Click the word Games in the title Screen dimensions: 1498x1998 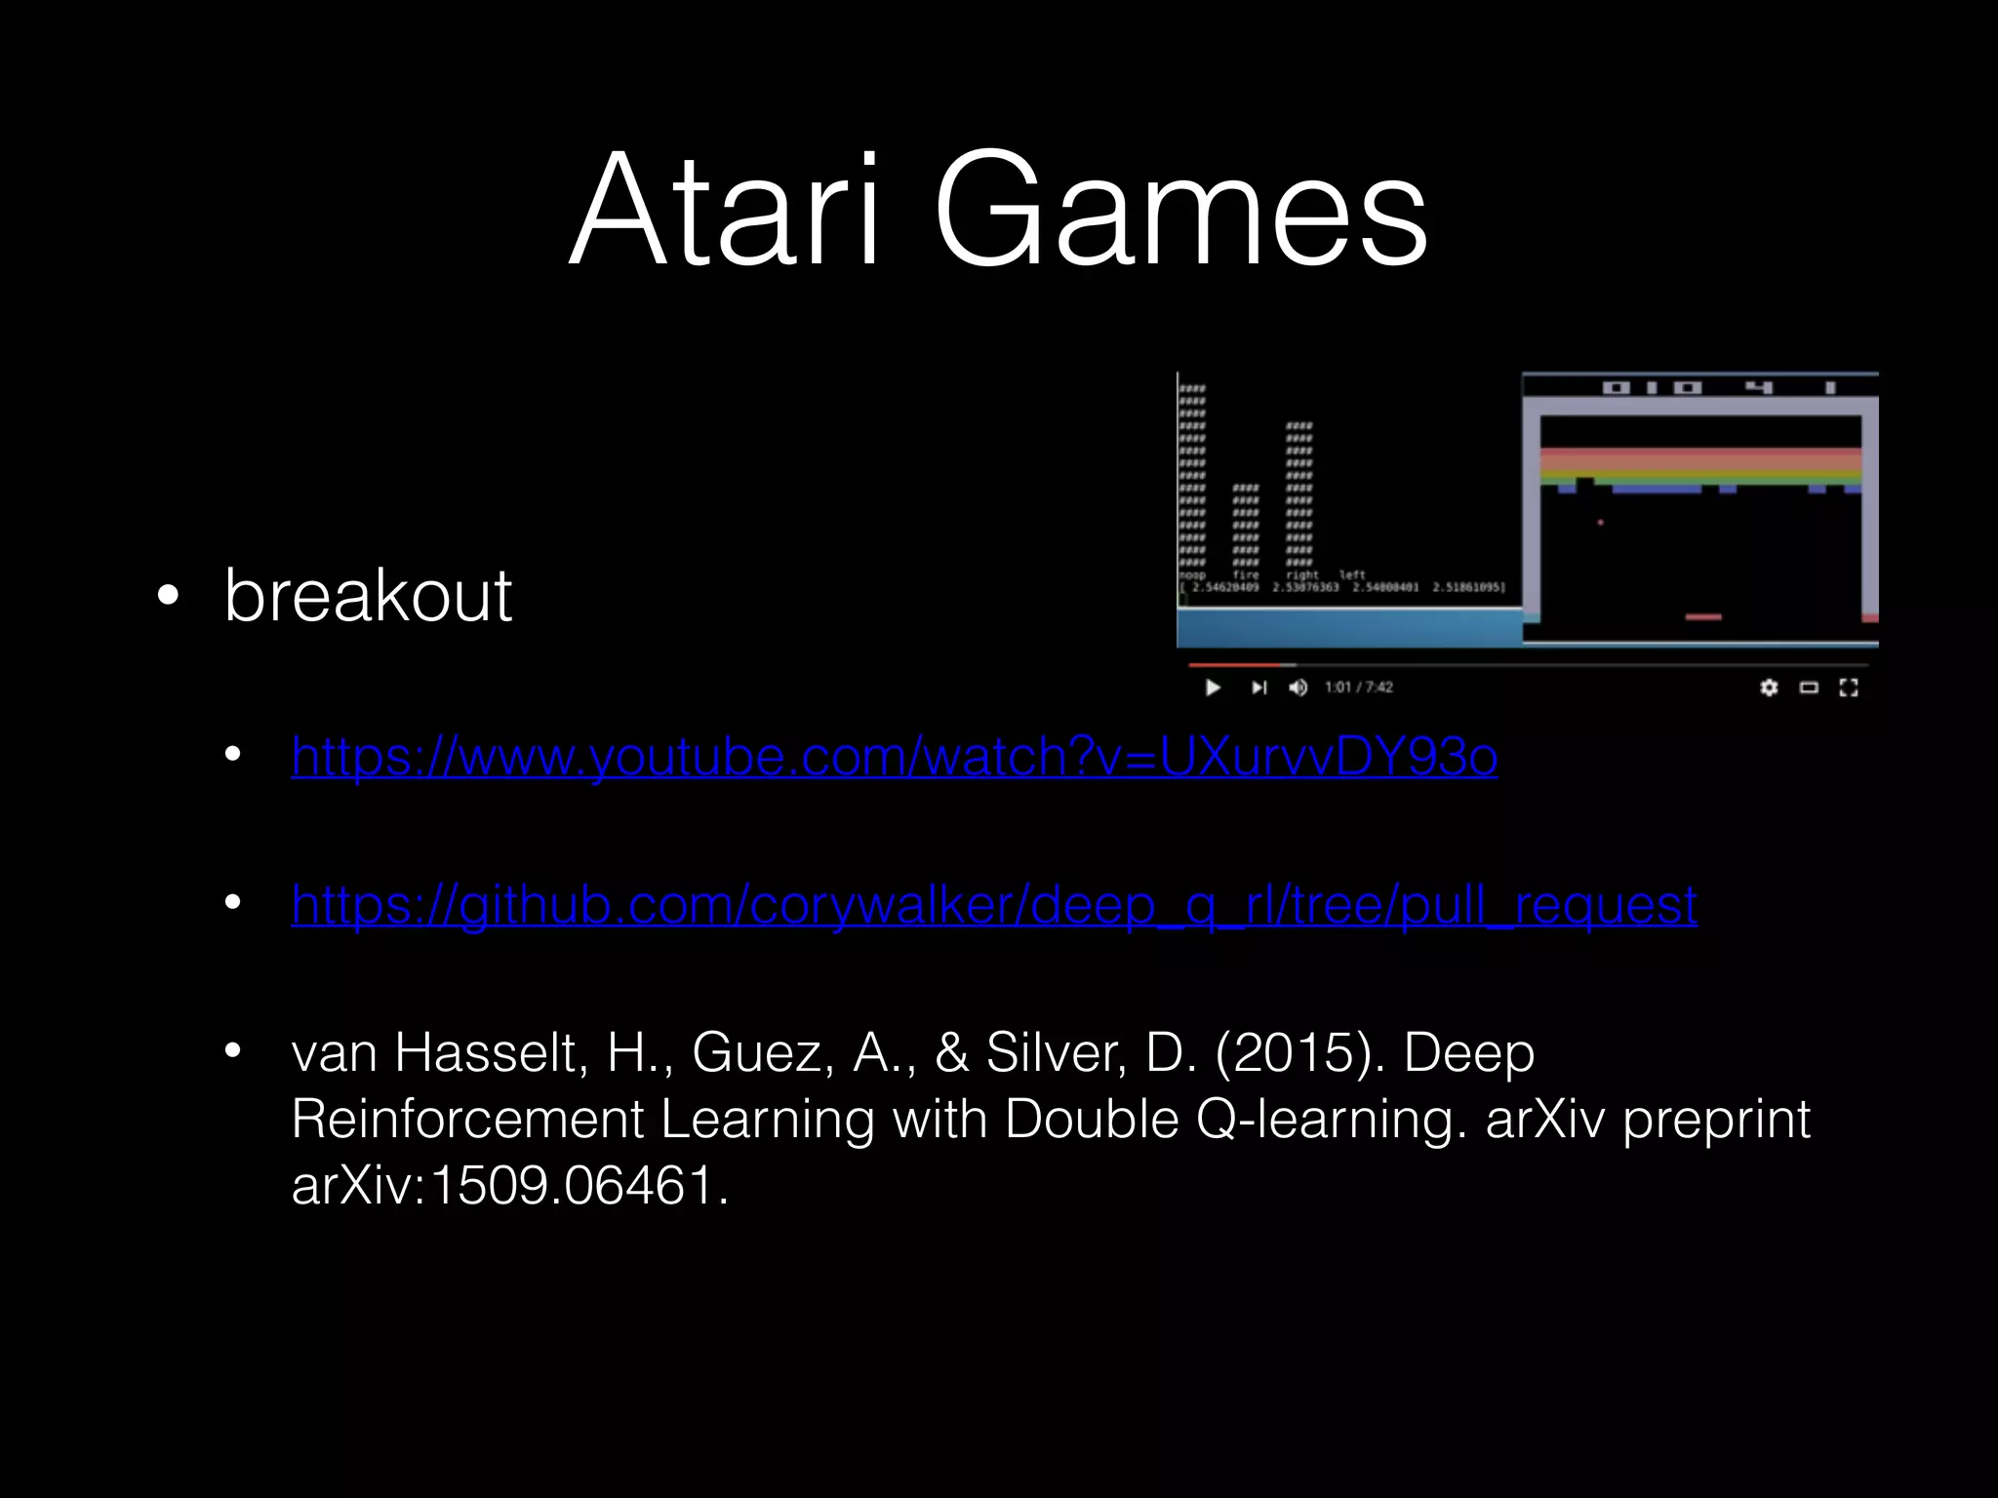pos(1179,209)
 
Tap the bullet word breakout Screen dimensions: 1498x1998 pos(368,595)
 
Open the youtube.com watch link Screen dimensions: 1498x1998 pos(894,757)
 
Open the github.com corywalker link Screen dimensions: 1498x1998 pos(993,905)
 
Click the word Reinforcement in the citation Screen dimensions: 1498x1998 pos(467,1120)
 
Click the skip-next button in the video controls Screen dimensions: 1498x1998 pos(1259,688)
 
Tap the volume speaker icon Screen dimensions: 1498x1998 pos(1298,688)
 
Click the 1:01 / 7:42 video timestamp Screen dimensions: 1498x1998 pos(1358,688)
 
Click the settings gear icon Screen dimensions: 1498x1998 pos(1769,688)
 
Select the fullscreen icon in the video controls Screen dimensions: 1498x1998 pos(1848,688)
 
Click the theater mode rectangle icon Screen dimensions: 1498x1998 pos(1809,688)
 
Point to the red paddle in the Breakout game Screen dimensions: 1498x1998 pos(1703,616)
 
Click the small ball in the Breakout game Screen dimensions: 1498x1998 pos(1600,523)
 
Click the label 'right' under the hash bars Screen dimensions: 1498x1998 pos(1302,575)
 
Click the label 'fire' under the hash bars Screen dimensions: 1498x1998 pos(1246,575)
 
